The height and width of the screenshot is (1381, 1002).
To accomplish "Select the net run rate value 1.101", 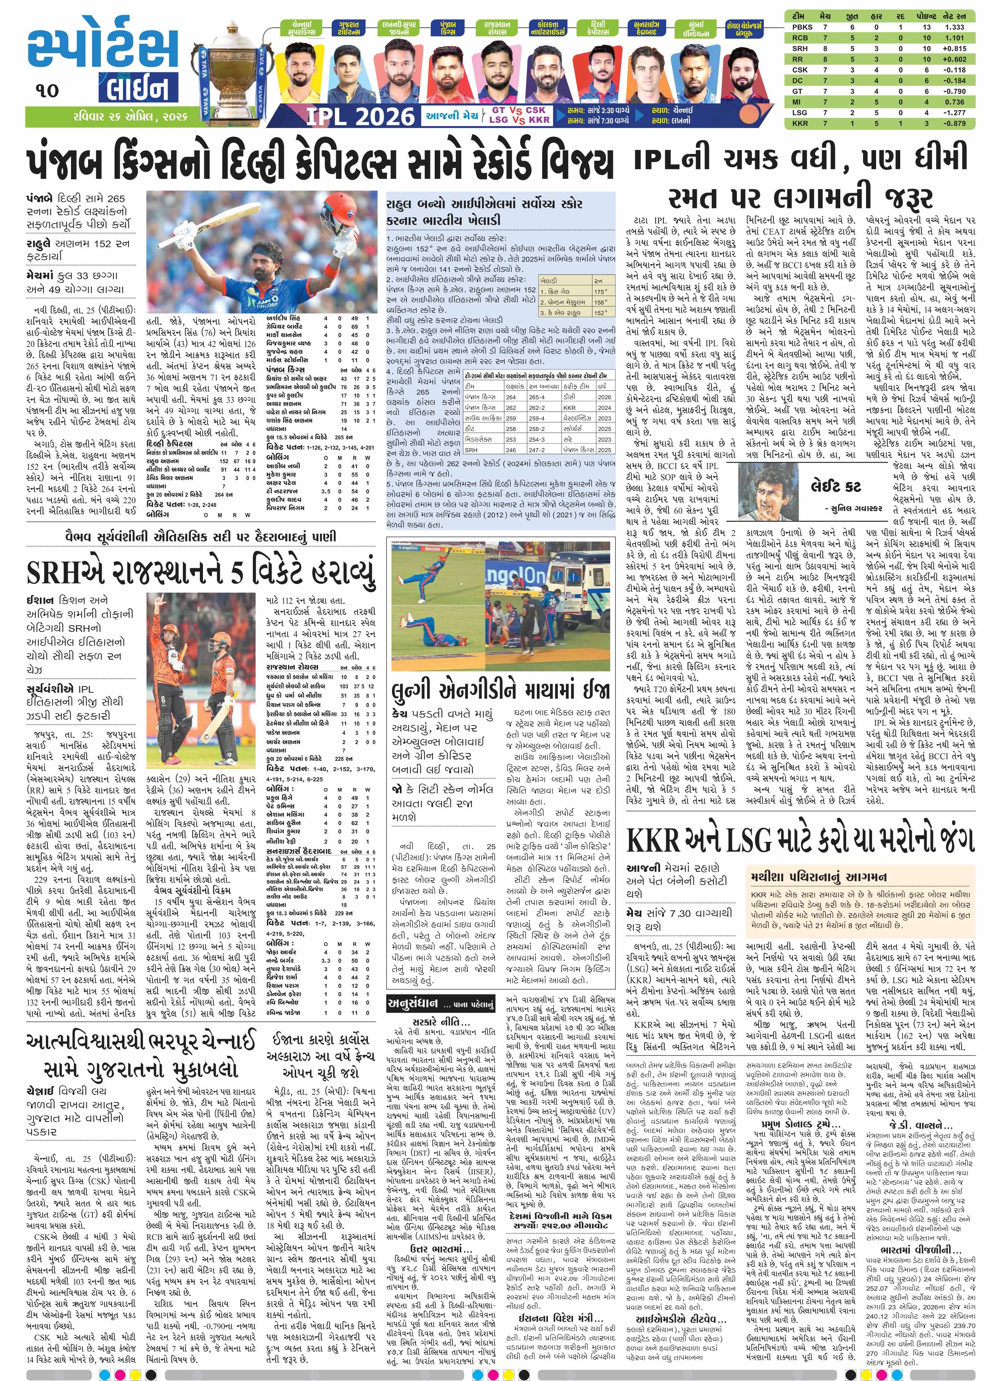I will (x=953, y=38).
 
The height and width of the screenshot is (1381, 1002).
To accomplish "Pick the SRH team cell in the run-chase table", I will (x=471, y=450).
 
